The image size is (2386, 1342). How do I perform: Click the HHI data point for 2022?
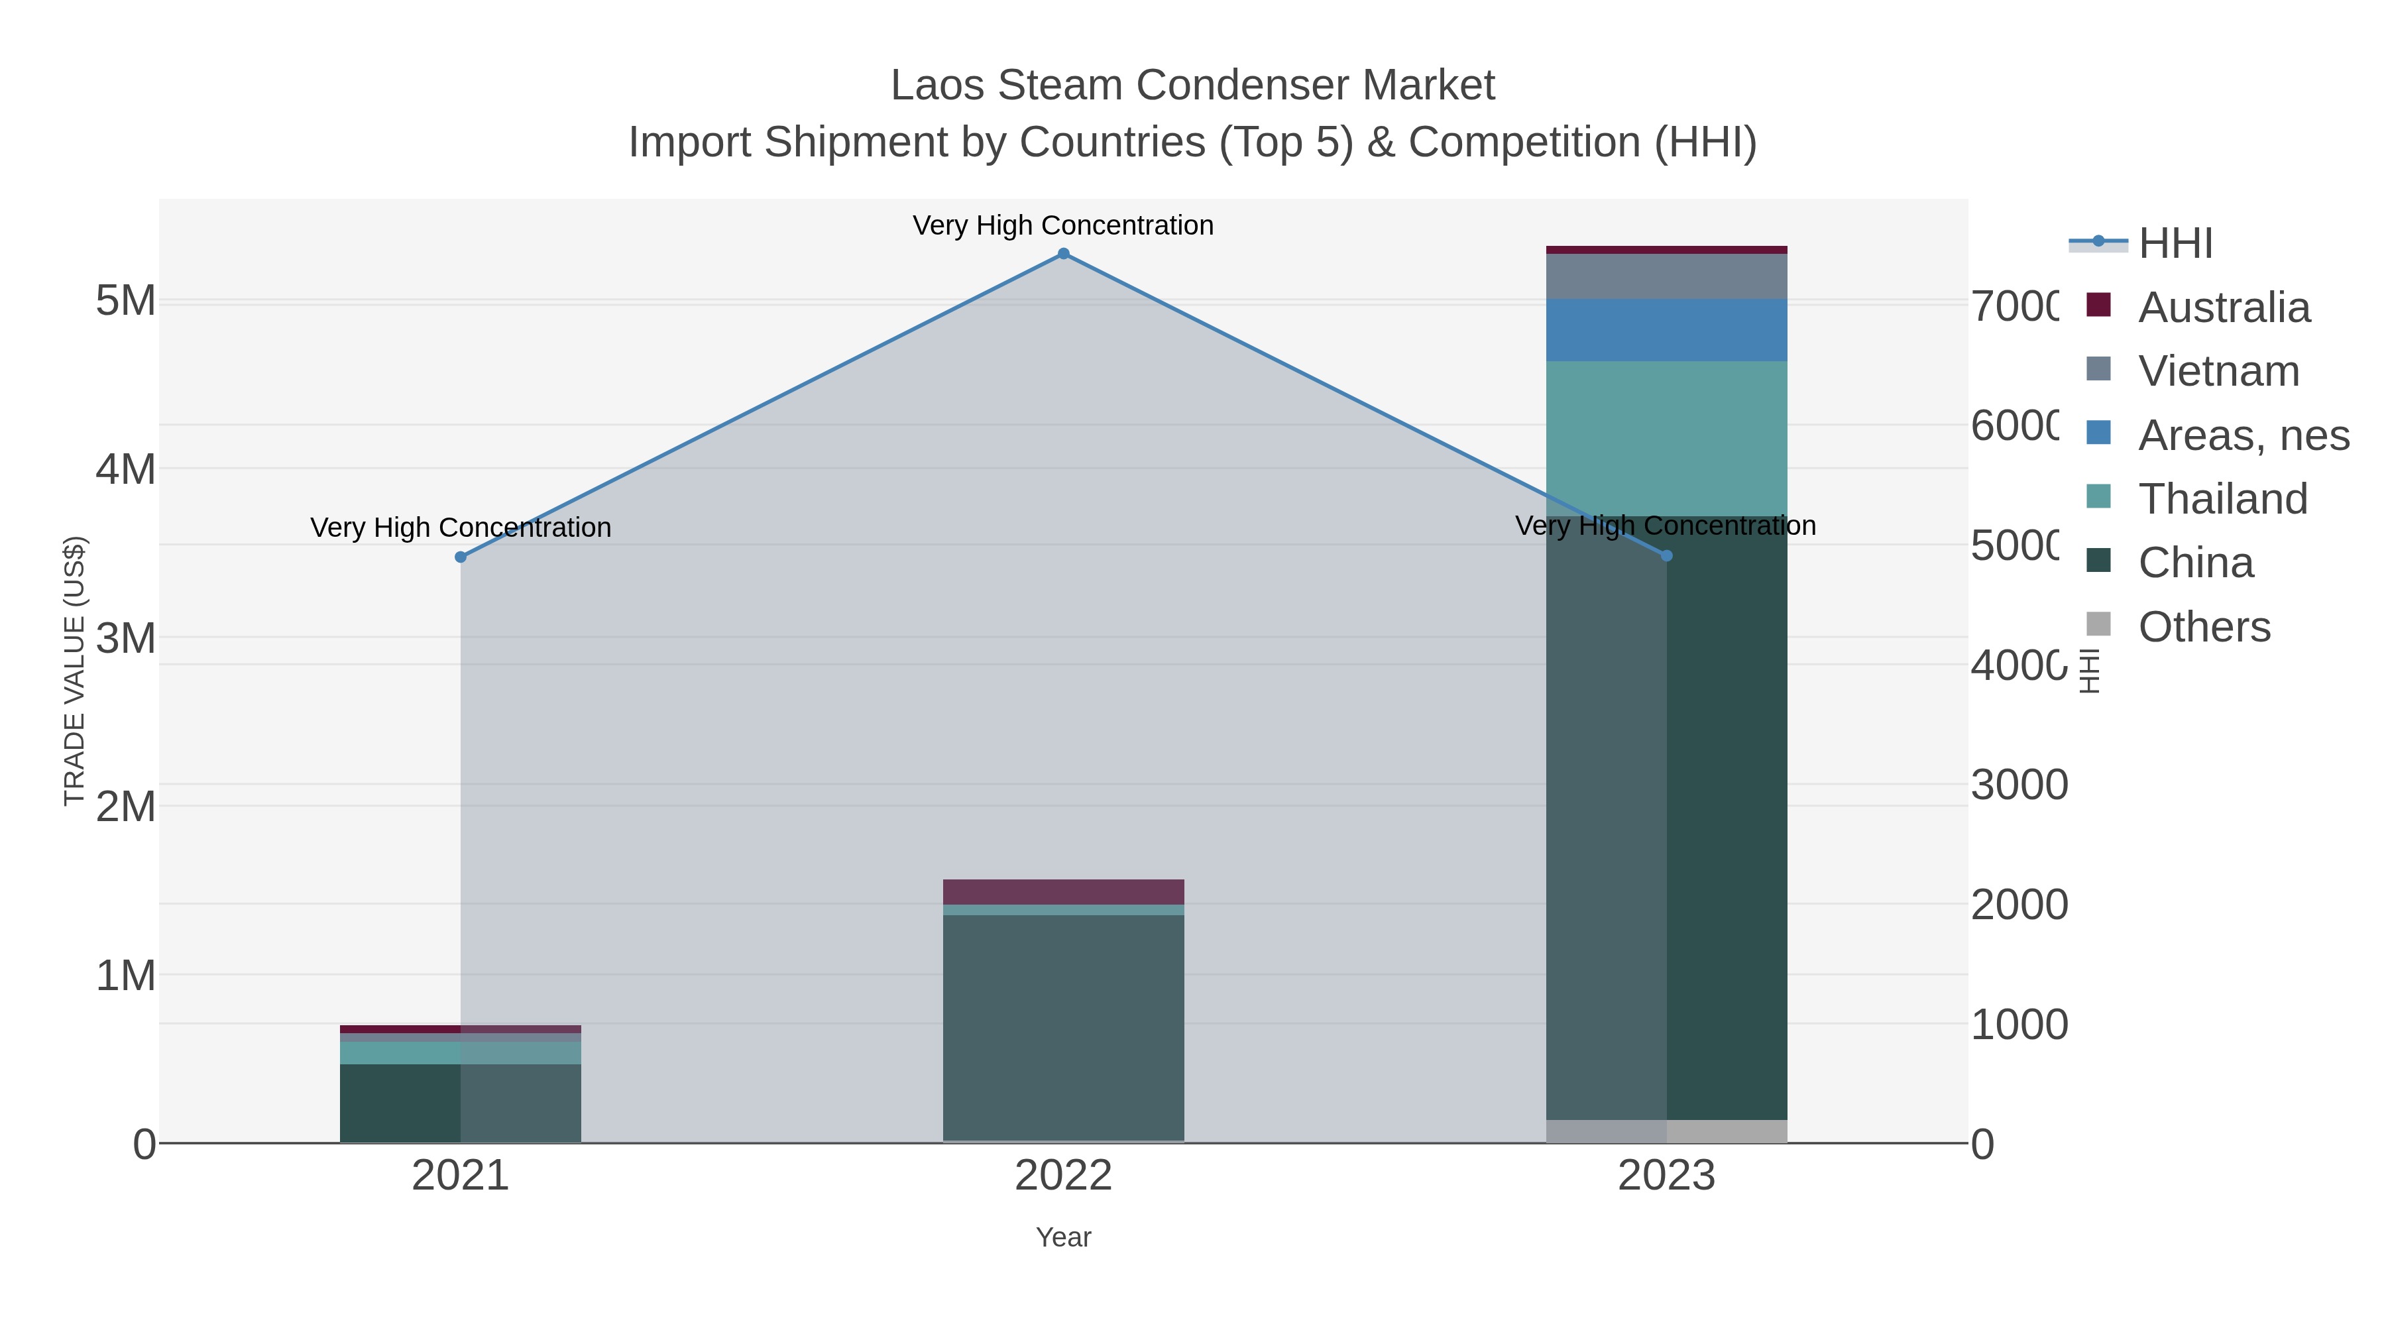[x=1063, y=254]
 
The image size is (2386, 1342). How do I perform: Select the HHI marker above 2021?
[x=461, y=557]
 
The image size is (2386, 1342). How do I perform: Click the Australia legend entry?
[x=2223, y=308]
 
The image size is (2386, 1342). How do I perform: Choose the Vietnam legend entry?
[x=2218, y=371]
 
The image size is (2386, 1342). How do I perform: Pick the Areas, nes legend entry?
[x=2242, y=435]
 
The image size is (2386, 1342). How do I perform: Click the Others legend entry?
[x=2204, y=627]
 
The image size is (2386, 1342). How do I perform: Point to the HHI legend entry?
[x=2174, y=244]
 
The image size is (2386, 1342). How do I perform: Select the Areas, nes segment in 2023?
[x=1666, y=330]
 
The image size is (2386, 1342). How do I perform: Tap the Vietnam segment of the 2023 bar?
[x=1666, y=276]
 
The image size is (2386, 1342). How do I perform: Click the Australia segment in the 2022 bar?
[x=1063, y=891]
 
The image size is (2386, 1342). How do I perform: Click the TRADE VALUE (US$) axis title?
[x=74, y=671]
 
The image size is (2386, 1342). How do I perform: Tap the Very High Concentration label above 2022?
[x=1063, y=225]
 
